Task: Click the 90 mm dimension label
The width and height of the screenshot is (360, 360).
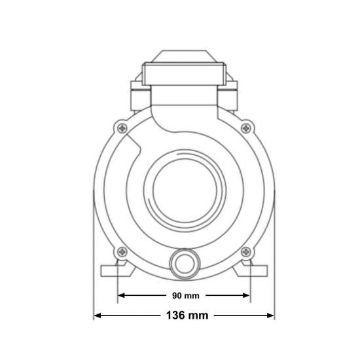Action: tap(186, 296)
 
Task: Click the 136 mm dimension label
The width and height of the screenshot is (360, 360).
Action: tap(187, 315)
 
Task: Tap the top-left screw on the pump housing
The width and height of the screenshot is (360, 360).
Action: tap(122, 128)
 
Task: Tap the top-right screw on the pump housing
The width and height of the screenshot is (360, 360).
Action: tap(246, 128)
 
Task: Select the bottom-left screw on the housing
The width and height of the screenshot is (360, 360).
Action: tap(122, 252)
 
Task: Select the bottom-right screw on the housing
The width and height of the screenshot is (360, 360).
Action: tap(246, 252)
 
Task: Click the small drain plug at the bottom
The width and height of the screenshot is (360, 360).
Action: tap(185, 264)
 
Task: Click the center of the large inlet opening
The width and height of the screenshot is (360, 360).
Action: tap(185, 190)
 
